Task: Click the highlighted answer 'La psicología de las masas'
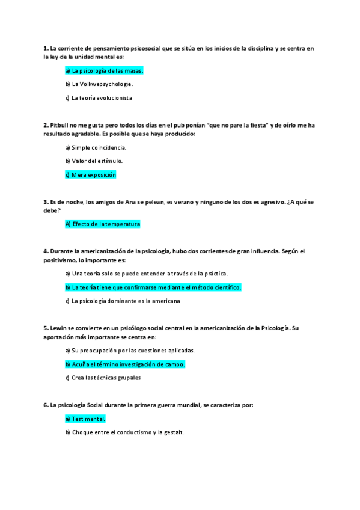[x=104, y=71]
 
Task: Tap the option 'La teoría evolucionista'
[x=99, y=97]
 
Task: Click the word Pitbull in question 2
[x=59, y=125]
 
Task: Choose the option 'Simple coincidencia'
[x=96, y=147]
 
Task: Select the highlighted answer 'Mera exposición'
[x=90, y=174]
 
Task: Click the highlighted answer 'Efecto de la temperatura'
[x=102, y=224]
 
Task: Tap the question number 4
[x=46, y=251]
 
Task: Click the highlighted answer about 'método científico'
[x=153, y=287]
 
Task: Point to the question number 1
[x=46, y=48]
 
